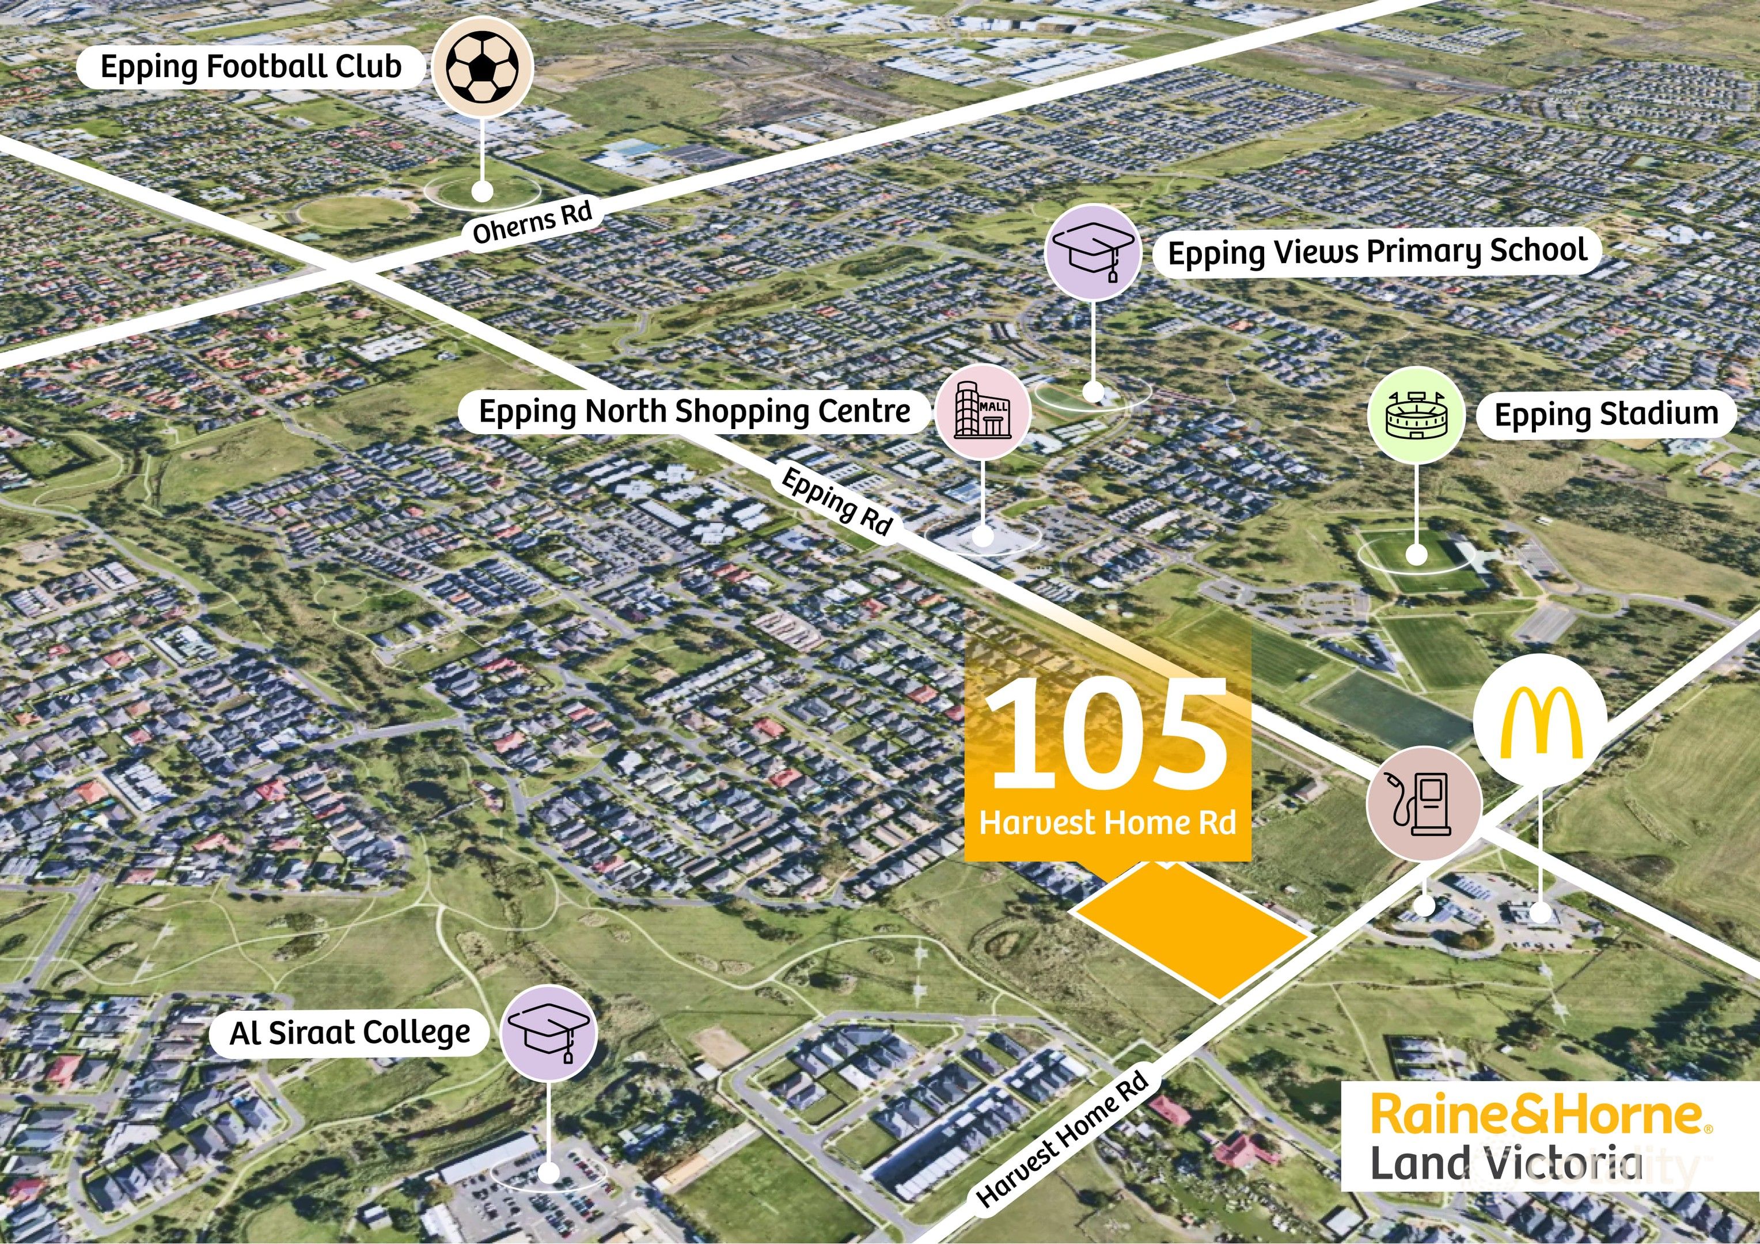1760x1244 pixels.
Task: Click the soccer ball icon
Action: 482,67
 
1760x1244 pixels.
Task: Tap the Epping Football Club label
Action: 251,67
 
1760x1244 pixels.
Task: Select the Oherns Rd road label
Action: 533,222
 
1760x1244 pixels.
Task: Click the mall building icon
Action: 983,412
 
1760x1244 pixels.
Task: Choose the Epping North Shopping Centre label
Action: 695,412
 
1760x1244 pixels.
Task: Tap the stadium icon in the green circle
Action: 1416,415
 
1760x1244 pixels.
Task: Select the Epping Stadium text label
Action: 1606,415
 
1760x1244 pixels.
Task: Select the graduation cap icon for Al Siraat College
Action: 549,1033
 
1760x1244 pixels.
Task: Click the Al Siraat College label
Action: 350,1033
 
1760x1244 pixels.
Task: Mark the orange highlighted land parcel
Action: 1190,930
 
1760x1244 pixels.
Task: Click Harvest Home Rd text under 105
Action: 1107,823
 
